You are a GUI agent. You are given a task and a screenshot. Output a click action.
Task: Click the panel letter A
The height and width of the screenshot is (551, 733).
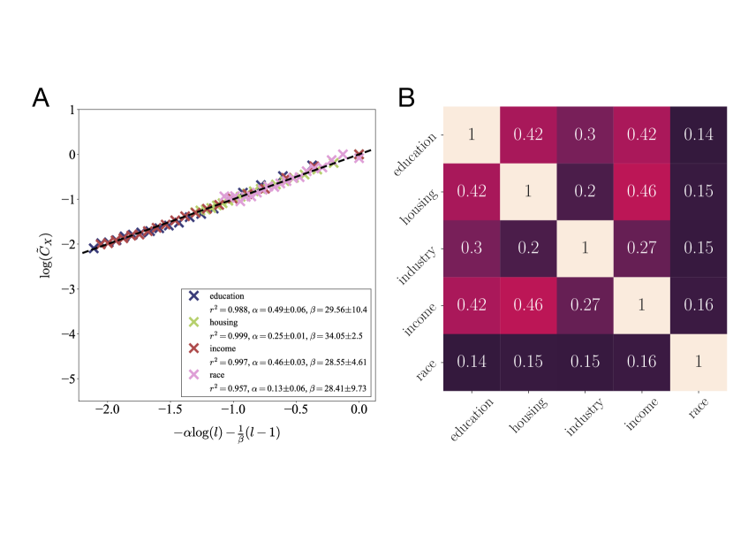click(x=42, y=97)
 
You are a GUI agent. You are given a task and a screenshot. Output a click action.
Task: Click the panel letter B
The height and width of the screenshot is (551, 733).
click(x=406, y=97)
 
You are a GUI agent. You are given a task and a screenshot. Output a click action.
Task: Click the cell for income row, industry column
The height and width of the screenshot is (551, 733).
click(x=585, y=305)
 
